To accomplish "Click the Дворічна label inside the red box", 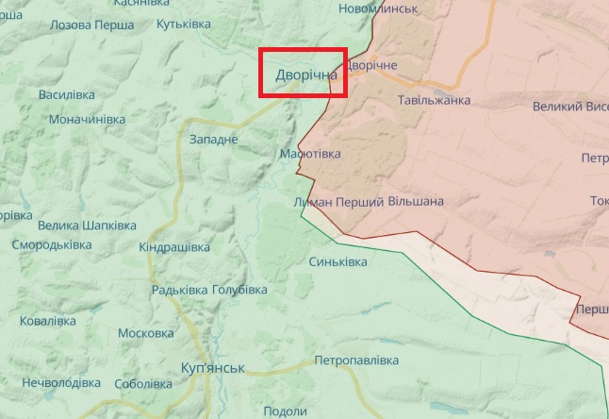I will (x=300, y=75).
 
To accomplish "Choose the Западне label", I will (x=214, y=140).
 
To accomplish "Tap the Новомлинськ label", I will (x=377, y=8).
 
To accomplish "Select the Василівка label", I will (x=67, y=95).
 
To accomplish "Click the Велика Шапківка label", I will (x=87, y=226).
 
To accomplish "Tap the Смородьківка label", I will (x=52, y=244).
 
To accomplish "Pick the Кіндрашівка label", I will (x=174, y=247).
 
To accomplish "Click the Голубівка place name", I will (x=239, y=290).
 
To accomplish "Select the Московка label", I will (x=145, y=333).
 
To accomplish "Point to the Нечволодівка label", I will (x=60, y=383).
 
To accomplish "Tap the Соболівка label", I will (x=143, y=384).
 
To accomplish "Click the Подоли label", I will (x=285, y=411).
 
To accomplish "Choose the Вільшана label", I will (x=415, y=201).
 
